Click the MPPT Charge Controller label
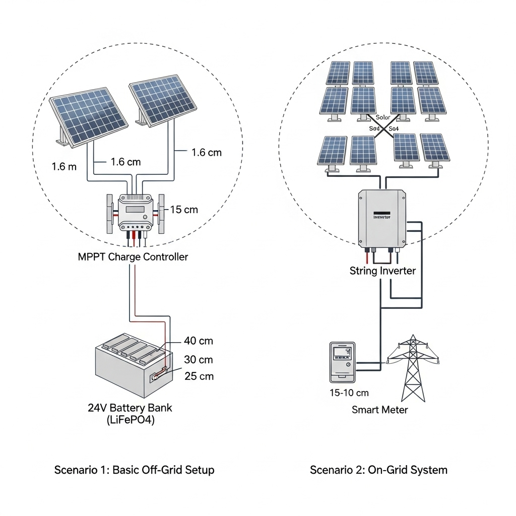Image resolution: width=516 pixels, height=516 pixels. (x=133, y=257)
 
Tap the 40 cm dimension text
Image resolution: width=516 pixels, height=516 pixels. (x=199, y=341)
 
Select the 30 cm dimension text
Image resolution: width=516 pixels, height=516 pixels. (x=199, y=360)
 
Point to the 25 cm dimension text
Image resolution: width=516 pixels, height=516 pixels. (x=199, y=376)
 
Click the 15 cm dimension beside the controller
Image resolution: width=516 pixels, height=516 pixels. (x=184, y=210)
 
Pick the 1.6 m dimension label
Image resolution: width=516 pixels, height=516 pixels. (x=64, y=166)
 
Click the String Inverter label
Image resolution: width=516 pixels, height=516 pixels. (x=382, y=271)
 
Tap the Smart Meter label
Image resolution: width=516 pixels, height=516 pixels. (x=379, y=410)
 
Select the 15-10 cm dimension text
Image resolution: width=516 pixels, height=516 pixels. (x=349, y=393)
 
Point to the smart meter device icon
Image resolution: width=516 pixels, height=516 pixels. (x=343, y=362)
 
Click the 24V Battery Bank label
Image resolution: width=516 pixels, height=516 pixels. (x=130, y=408)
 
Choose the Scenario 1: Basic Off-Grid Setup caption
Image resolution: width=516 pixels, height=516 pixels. (x=134, y=470)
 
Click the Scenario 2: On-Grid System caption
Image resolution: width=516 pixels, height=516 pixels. (x=378, y=470)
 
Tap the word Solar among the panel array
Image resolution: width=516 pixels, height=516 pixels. (x=383, y=117)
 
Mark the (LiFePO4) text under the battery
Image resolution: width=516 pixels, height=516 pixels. (x=131, y=421)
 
